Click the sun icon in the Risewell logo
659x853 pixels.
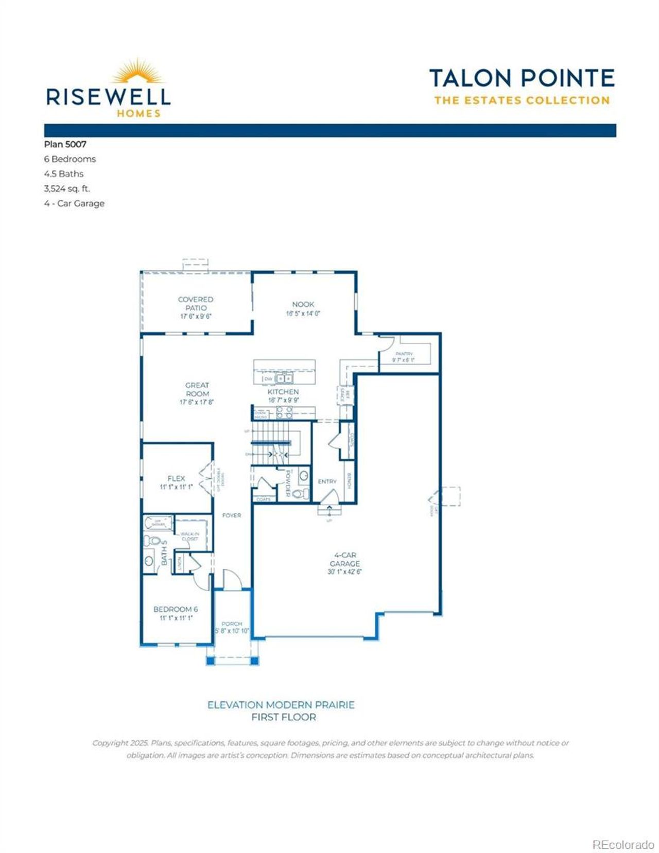(138, 73)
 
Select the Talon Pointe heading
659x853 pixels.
(522, 79)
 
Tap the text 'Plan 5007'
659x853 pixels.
(65, 145)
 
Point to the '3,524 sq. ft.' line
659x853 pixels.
(67, 188)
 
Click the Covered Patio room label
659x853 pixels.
(195, 304)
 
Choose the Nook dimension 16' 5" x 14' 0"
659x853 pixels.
(303, 313)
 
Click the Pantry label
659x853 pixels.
(404, 354)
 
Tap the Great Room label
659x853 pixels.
(197, 389)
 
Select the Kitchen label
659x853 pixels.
(283, 392)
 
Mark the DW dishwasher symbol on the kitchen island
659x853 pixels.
(268, 379)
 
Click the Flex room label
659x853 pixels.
(176, 478)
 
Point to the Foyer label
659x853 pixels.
(231, 515)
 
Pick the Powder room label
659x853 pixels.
(288, 483)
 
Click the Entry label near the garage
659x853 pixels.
(327, 481)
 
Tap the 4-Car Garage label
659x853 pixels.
(344, 560)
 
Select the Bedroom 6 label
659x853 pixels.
(176, 609)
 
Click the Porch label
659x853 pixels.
(232, 623)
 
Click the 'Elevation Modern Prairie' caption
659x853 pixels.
(281, 705)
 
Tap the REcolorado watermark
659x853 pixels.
(623, 845)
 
